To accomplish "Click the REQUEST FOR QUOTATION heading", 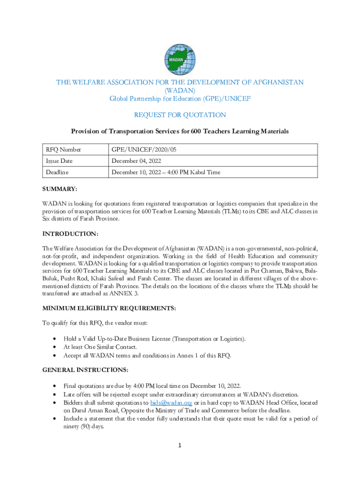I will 180,115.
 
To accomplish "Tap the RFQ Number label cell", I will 63,150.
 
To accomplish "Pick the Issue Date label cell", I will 59,161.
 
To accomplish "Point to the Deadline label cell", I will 57,172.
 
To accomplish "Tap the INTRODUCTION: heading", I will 71,233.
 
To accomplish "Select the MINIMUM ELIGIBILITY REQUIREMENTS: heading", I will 109,308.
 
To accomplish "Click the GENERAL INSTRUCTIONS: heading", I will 86,370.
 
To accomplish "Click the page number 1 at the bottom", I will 180,445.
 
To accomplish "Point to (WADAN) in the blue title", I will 180,90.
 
